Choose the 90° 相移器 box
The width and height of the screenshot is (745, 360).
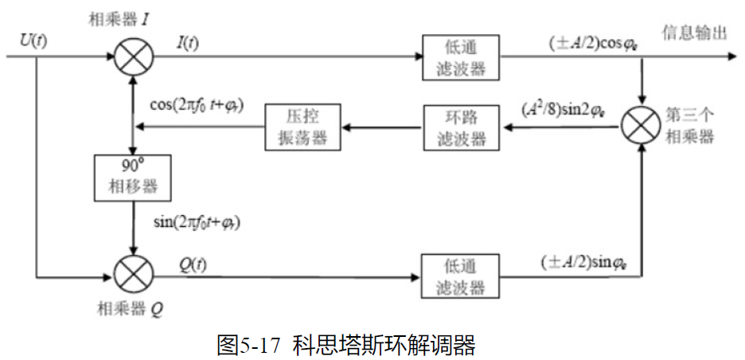coord(133,178)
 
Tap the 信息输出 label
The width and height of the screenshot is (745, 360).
coord(695,33)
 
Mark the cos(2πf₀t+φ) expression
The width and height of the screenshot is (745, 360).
coord(197,105)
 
